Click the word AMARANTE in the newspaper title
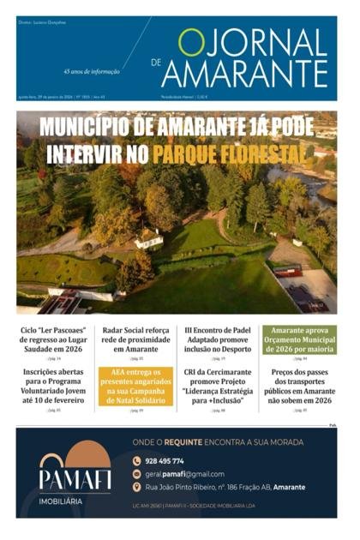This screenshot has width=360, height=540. (244, 73)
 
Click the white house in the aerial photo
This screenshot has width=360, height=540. (148, 239)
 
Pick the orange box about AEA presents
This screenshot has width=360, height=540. (135, 386)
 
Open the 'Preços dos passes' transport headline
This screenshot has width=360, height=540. (299, 383)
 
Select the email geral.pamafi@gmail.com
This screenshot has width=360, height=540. (183, 474)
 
